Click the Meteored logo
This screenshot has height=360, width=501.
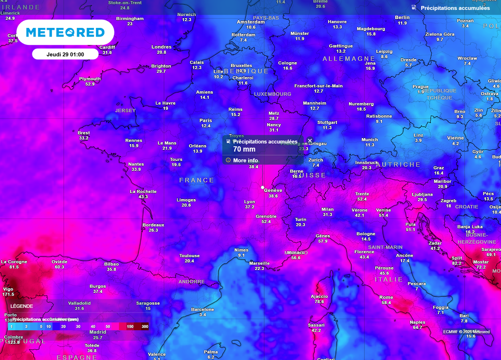pyautogui.click(x=65, y=33)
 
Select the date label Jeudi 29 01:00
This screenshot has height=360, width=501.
pyautogui.click(x=65, y=54)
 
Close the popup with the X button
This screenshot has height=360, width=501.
pyautogui.click(x=310, y=141)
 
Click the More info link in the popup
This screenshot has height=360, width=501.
pyautogui.click(x=245, y=160)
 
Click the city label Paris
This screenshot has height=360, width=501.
pyautogui.click(x=206, y=120)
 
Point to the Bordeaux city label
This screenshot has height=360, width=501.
pyautogui.click(x=153, y=225)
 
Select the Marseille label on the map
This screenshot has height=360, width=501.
pyautogui.click(x=259, y=263)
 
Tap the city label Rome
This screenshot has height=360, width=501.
pyautogui.click(x=386, y=297)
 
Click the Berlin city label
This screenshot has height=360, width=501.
pyautogui.click(x=402, y=18)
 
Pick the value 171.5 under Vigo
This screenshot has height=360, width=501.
pyautogui.click(x=8, y=294)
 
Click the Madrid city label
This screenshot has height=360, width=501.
pyautogui.click(x=98, y=332)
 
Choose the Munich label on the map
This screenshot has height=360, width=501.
pyautogui.click(x=369, y=139)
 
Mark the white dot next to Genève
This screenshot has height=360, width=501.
pyautogui.click(x=263, y=187)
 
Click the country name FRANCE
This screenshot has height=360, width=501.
pyautogui.click(x=197, y=180)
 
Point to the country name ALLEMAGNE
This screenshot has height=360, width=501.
pyautogui.click(x=348, y=59)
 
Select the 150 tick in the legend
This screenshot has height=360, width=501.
pyautogui.click(x=130, y=326)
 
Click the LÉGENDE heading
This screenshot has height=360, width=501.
pyautogui.click(x=22, y=306)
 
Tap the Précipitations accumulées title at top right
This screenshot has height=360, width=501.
pyautogui.click(x=455, y=8)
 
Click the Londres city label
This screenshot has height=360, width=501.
pyautogui.click(x=161, y=47)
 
